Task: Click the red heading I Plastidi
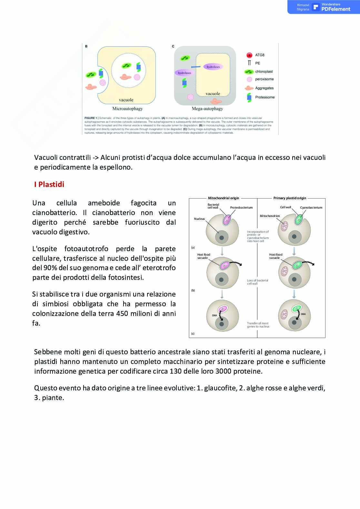pyautogui.click(x=49, y=184)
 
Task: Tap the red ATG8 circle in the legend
pyautogui.click(x=249, y=55)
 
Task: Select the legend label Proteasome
pyautogui.click(x=265, y=97)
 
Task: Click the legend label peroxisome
pyautogui.click(x=264, y=79)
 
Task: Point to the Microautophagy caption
pyautogui.click(x=127, y=109)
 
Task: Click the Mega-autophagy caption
pyautogui.click(x=207, y=109)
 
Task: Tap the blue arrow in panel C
pyautogui.click(x=195, y=67)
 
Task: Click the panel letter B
pyautogui.click(x=86, y=46)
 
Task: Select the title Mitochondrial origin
pyautogui.click(x=223, y=198)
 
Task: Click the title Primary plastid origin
pyautogui.click(x=289, y=198)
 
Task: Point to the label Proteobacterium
pyautogui.click(x=241, y=208)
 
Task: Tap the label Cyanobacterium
pyautogui.click(x=311, y=208)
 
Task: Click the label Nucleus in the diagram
pyautogui.click(x=199, y=219)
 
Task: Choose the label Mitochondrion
pyautogui.click(x=270, y=216)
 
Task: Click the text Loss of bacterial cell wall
pyautogui.click(x=257, y=282)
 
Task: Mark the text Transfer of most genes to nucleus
pyautogui.click(x=258, y=325)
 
